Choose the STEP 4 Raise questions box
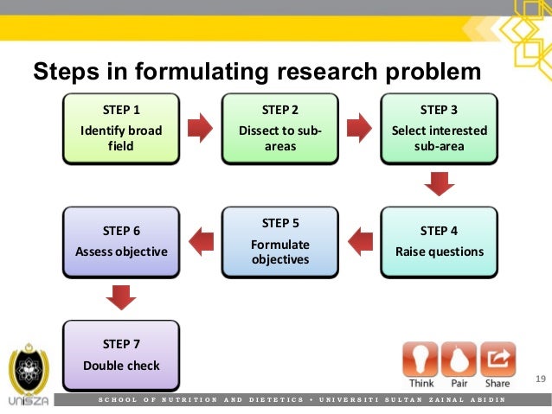(439, 241)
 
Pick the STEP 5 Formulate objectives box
(279, 241)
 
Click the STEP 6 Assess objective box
(121, 241)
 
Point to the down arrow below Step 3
(440, 184)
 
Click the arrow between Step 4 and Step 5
(359, 241)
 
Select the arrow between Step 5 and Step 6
(201, 241)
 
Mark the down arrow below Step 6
(121, 297)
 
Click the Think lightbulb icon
(420, 359)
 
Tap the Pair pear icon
(459, 359)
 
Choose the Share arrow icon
(497, 359)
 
